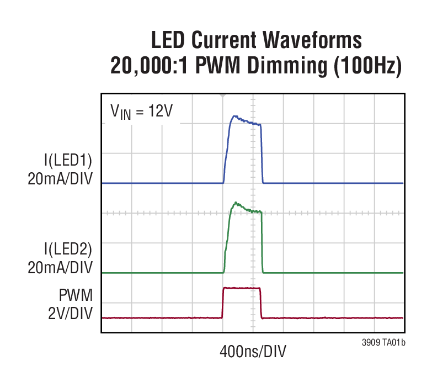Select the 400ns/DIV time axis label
pyautogui.click(x=253, y=351)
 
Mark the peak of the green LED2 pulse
pyautogui.click(x=236, y=203)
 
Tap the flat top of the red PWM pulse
pyautogui.click(x=241, y=288)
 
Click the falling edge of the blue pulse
pyautogui.click(x=262, y=155)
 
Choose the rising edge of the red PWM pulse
pyautogui.click(x=222, y=303)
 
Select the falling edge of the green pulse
pyautogui.click(x=262, y=243)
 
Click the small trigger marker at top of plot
pyautogui.click(x=223, y=95)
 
